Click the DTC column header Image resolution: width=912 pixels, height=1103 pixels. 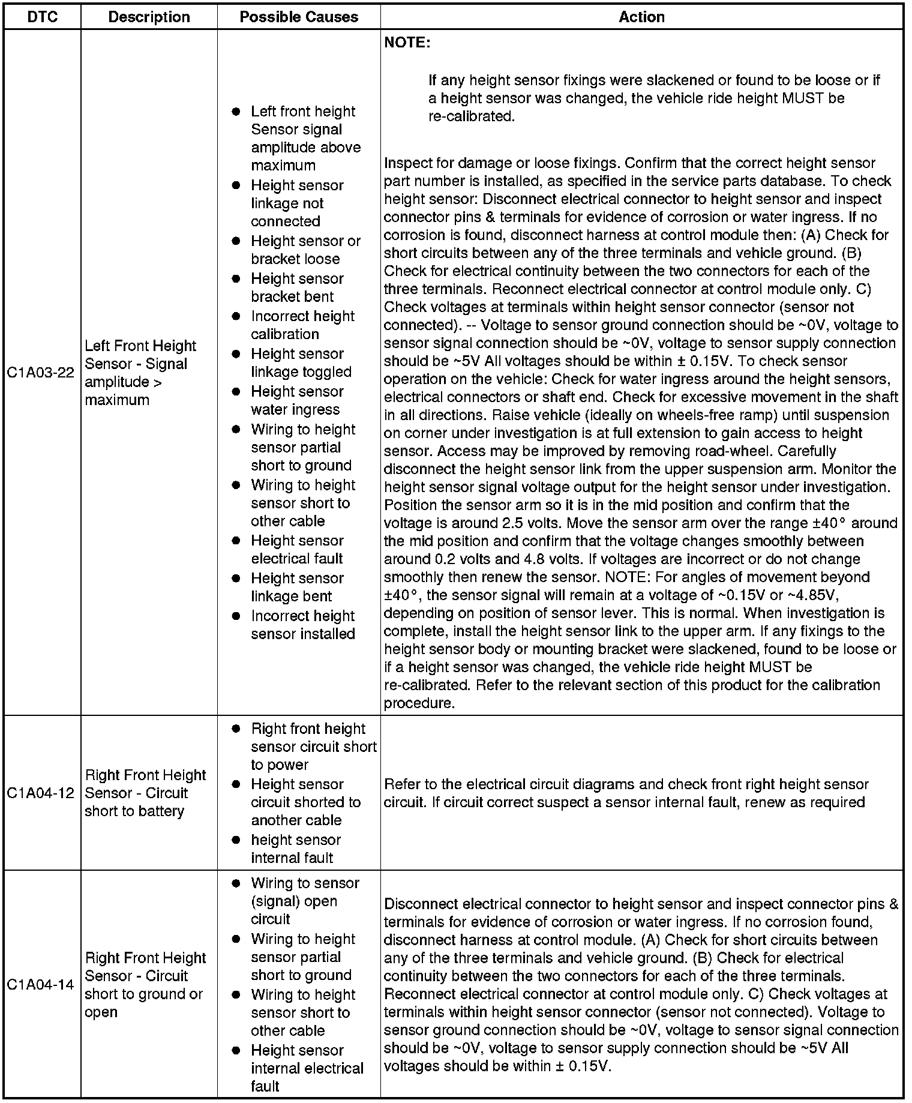coord(43,17)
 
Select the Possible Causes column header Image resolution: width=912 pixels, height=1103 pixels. coord(299,17)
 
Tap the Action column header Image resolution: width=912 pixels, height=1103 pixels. coord(641,17)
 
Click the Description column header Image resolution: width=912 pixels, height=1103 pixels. coord(149,17)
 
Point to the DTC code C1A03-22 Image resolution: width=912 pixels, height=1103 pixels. coord(41,373)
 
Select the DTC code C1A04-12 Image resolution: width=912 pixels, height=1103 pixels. coord(41,793)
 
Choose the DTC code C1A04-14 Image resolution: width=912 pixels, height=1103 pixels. coord(41,985)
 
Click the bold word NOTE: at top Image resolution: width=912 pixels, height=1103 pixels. coord(407,43)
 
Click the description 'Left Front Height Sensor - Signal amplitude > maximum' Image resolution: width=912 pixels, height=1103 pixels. coord(140,373)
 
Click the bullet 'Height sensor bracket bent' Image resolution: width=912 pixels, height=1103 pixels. coord(297,287)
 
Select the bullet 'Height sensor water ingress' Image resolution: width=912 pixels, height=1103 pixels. coord(297,400)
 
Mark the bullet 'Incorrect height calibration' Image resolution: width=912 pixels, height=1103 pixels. coord(302,325)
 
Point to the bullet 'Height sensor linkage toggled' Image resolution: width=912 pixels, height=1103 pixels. coord(301,362)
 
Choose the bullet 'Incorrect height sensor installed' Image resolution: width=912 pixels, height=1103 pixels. coord(302,625)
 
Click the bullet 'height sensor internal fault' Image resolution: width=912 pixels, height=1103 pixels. coord(295,849)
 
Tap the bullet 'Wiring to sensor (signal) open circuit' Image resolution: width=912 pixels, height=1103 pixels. coord(305,901)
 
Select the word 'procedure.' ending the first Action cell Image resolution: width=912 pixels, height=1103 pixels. coord(419,703)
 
